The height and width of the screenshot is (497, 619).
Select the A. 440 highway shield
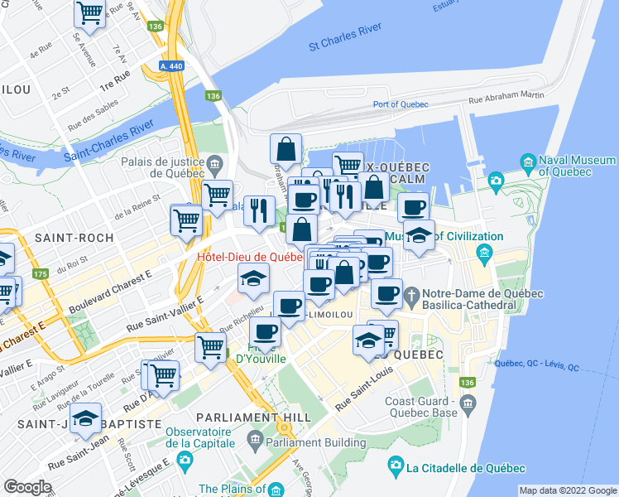pos(171,65)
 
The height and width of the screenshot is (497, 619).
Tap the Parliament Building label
pos(319,442)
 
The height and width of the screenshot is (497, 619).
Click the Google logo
pos(27,487)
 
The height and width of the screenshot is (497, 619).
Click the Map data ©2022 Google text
pos(568,490)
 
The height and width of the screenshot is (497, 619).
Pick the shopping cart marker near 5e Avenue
pos(89,14)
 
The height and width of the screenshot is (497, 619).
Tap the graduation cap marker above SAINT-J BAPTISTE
pos(85,419)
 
